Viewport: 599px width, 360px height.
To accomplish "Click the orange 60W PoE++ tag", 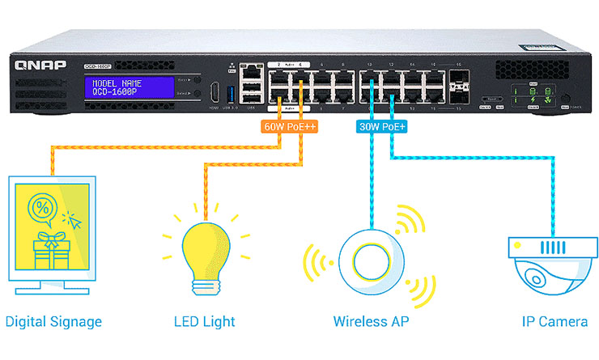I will coord(288,127).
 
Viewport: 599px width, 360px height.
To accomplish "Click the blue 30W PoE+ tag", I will coord(380,127).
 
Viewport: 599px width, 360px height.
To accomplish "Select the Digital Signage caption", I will coord(53,322).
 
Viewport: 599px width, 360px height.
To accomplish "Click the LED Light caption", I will coord(204,322).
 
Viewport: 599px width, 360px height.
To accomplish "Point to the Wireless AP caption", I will coord(370,322).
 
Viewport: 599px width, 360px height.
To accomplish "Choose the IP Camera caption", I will coord(554,322).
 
